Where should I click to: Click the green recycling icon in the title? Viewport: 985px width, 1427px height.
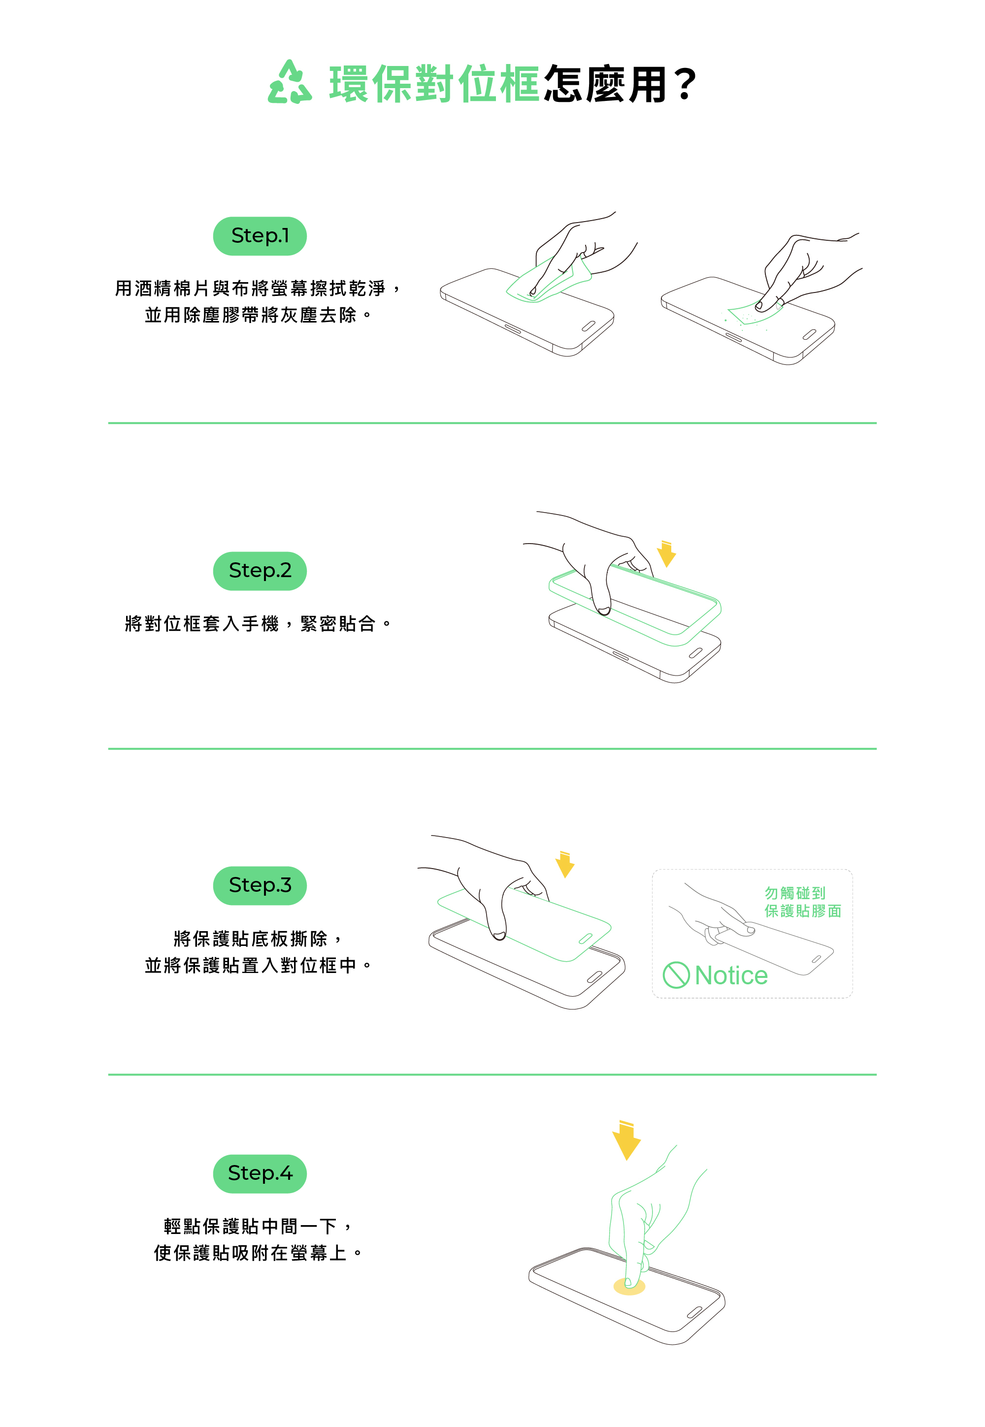[290, 82]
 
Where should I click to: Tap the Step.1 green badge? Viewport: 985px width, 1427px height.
[260, 236]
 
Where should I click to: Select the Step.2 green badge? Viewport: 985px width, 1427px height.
[260, 571]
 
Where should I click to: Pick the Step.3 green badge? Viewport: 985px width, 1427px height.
[260, 885]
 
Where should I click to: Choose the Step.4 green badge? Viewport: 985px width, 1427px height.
[260, 1173]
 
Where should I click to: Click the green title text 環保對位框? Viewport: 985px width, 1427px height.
[434, 83]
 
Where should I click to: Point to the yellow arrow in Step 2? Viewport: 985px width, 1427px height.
[666, 554]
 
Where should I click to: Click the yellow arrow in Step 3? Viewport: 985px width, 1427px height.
[565, 864]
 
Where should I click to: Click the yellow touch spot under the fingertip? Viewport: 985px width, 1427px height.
[629, 1286]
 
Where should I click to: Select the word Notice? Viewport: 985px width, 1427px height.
[731, 975]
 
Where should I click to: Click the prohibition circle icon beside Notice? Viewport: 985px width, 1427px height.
[676, 975]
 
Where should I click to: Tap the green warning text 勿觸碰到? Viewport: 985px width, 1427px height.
[795, 893]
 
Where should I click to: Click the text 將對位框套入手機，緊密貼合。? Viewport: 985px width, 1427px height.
[258, 624]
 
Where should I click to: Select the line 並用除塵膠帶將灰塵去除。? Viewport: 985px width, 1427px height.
[258, 315]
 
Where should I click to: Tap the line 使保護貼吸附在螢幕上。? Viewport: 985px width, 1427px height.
[258, 1253]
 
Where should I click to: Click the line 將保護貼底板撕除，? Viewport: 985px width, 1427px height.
[258, 939]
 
